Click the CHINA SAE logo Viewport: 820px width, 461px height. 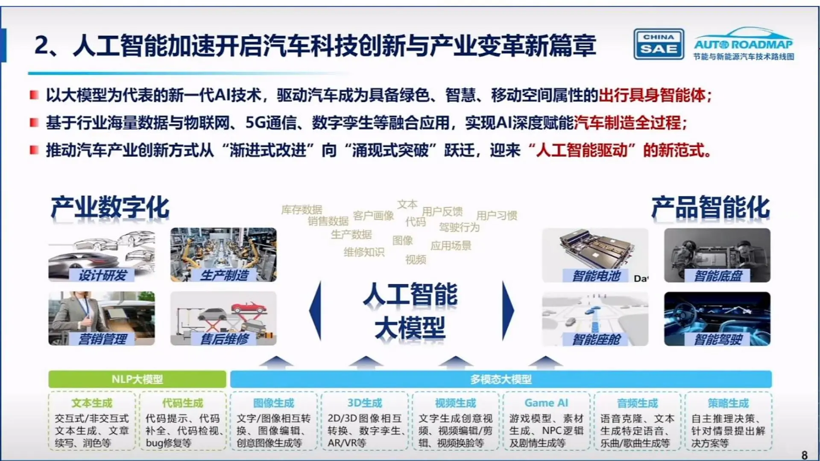coord(659,44)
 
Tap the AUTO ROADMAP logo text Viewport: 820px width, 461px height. coord(743,44)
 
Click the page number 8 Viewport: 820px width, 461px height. coord(805,455)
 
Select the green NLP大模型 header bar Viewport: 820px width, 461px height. coord(137,379)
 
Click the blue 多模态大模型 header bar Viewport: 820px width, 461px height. coord(501,379)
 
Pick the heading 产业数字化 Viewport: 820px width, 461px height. coord(110,208)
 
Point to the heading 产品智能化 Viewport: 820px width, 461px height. coord(711,208)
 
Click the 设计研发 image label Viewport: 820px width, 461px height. coord(102,275)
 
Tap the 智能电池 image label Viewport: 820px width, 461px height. coord(596,276)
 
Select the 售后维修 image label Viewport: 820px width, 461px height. coord(225,339)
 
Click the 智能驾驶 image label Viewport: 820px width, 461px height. coord(718,339)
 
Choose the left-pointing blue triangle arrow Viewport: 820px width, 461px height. coord(316,311)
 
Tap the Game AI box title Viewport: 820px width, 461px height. coord(546,403)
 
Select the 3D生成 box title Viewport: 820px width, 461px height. coord(365,403)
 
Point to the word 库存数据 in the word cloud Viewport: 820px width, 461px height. coord(302,210)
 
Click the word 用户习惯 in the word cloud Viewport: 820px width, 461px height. coord(496,216)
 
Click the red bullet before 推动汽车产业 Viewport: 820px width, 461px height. coord(34,150)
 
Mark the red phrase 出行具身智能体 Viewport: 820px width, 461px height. coord(652,95)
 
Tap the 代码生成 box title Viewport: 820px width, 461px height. coord(183,403)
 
